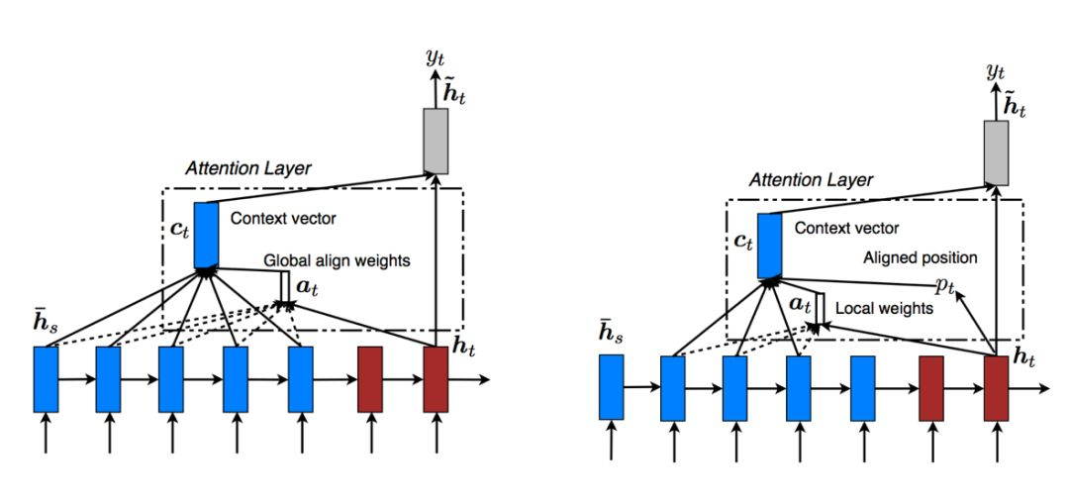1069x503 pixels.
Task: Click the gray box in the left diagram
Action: pos(436,139)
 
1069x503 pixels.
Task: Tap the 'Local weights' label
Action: pos(884,308)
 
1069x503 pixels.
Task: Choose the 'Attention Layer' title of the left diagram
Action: pos(248,168)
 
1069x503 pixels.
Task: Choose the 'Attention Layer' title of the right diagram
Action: pos(811,180)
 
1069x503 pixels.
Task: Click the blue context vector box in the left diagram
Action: pos(206,235)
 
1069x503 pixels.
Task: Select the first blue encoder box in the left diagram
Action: pos(46,379)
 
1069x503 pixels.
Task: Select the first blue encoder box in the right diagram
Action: pos(612,386)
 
